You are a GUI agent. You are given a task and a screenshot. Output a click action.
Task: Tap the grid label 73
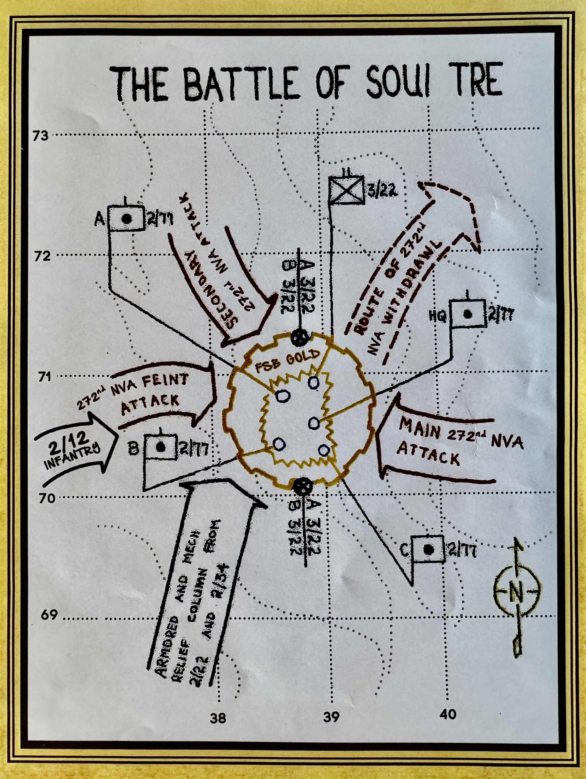coord(41,136)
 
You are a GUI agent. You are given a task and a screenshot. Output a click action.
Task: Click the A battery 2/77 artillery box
coord(126,219)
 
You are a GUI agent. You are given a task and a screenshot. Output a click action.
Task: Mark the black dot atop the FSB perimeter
coord(300,338)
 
